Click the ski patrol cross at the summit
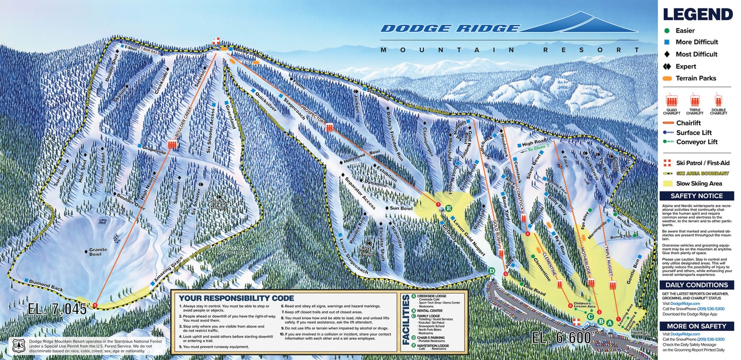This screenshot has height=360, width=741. point(216,41)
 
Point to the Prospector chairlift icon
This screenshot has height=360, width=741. point(330,128)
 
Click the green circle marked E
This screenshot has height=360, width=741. point(449,208)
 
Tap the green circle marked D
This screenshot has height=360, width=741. point(491,271)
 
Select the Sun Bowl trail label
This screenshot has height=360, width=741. point(401,209)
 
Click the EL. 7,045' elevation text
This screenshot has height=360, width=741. point(57,309)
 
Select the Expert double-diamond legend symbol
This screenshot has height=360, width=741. point(667,67)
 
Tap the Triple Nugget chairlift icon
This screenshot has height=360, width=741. point(612,285)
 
